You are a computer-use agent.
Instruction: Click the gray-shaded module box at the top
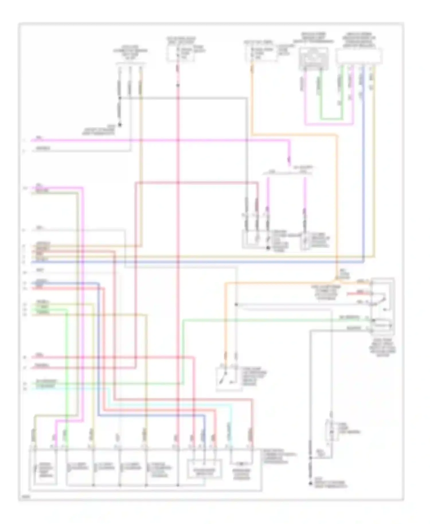[x=314, y=58]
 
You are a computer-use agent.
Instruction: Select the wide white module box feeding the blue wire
[x=359, y=56]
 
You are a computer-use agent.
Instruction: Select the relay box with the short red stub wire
[x=383, y=306]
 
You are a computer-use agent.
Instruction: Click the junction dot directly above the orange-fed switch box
[x=236, y=304]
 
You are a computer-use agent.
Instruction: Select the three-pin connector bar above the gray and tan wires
[x=130, y=64]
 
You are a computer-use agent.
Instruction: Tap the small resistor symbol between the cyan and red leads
[x=241, y=464]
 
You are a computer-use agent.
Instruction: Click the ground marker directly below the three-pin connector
[x=120, y=125]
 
